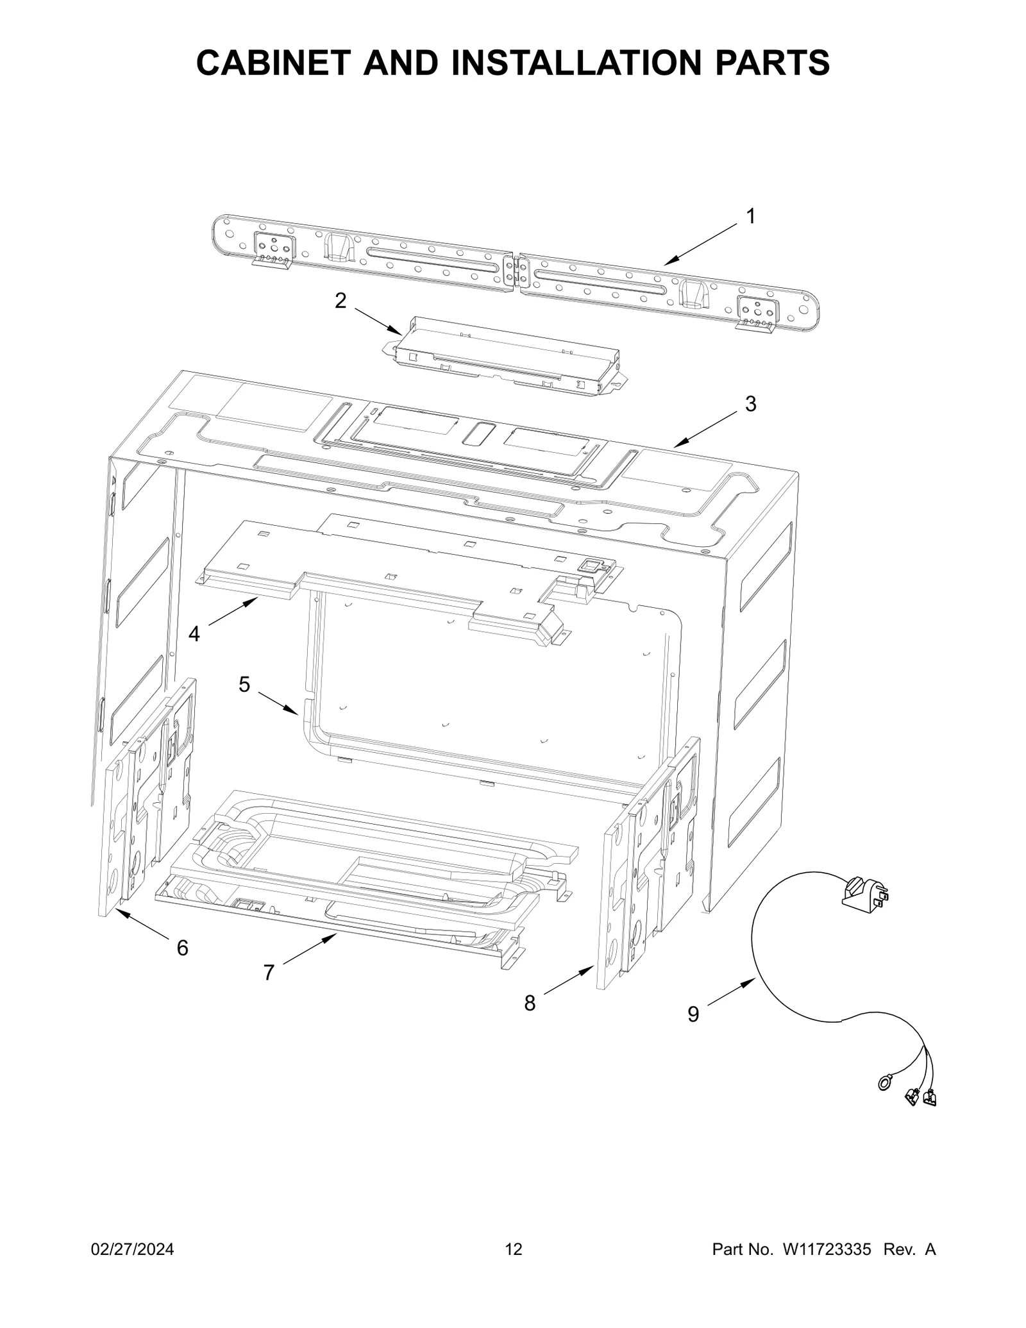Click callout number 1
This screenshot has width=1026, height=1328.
(751, 217)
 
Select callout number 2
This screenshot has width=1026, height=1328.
(341, 300)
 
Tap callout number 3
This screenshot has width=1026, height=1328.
(750, 404)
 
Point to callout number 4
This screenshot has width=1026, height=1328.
(194, 634)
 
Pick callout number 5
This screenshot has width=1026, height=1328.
(244, 685)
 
